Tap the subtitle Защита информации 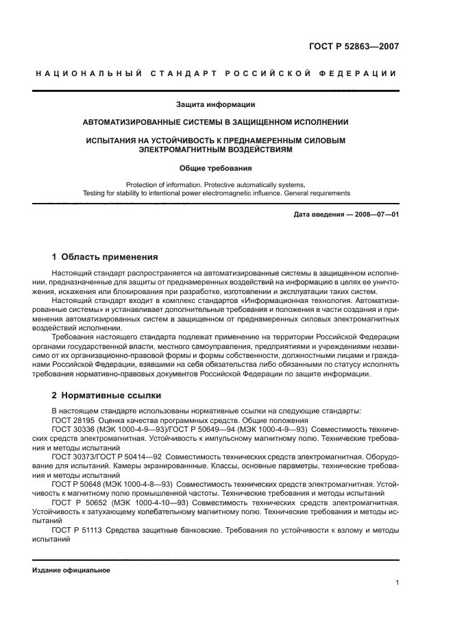click(x=215, y=105)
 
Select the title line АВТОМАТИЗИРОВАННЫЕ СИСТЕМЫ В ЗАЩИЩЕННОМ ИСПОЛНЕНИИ click(x=215, y=123)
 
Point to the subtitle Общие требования click(x=215, y=167)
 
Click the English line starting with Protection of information click(x=215, y=184)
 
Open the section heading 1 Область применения click(x=105, y=257)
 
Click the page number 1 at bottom click(x=397, y=583)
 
